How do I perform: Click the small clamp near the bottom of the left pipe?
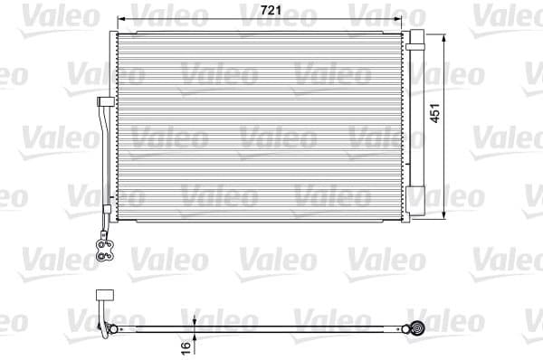(106, 211)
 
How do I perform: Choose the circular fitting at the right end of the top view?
(418, 328)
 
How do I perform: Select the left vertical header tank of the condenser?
(114, 127)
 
